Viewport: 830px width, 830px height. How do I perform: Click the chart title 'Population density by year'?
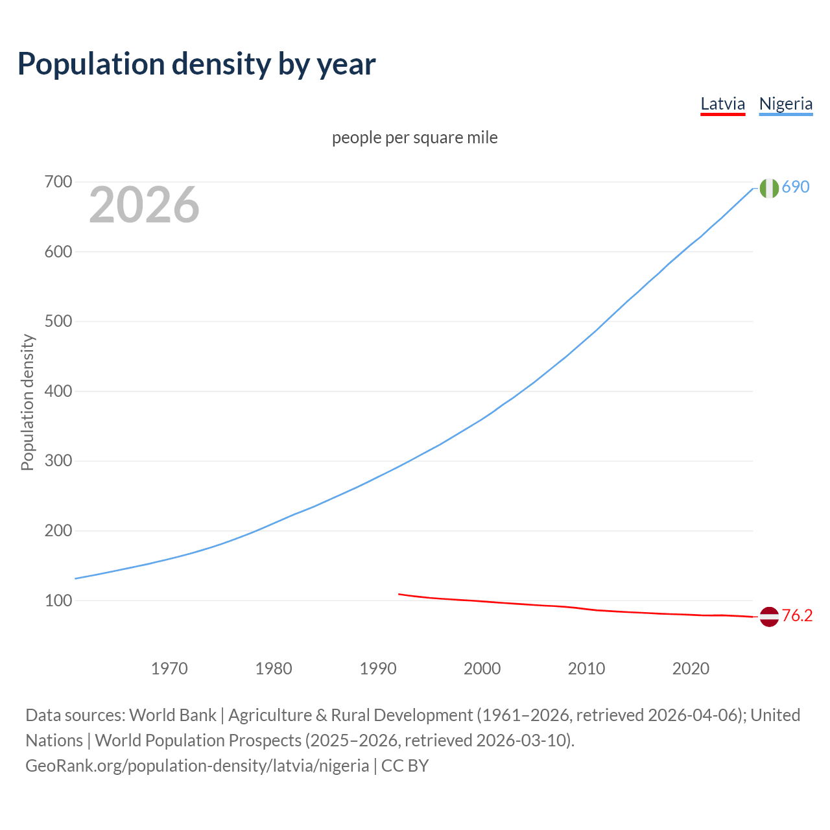(x=196, y=64)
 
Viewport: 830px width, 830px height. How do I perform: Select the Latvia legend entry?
(x=722, y=104)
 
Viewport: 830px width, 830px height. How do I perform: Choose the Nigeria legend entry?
(x=785, y=104)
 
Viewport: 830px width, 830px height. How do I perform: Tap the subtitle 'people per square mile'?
(x=414, y=137)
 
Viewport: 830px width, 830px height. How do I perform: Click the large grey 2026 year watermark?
(x=144, y=205)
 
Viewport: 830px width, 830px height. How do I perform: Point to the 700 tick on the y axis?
(x=58, y=182)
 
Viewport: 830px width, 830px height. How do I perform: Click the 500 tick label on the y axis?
(x=58, y=321)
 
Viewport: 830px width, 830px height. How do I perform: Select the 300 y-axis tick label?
(x=58, y=461)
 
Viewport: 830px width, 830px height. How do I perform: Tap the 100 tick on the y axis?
(x=58, y=600)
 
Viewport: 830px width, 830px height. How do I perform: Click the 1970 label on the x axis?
(x=169, y=668)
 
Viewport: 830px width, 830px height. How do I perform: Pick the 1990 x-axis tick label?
(x=378, y=668)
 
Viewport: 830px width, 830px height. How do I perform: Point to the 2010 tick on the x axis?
(x=586, y=668)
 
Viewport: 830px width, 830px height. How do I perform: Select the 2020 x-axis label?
(x=691, y=668)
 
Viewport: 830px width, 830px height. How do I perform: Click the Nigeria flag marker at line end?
(x=769, y=188)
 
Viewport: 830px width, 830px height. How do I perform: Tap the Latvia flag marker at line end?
(x=769, y=617)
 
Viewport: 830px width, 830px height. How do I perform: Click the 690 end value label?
(x=796, y=187)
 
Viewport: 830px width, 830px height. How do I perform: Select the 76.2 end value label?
(x=797, y=615)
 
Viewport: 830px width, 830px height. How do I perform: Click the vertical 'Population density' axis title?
(x=27, y=402)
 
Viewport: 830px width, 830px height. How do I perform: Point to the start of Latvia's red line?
(x=399, y=594)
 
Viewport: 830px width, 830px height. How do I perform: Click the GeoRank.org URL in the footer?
(x=197, y=765)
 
